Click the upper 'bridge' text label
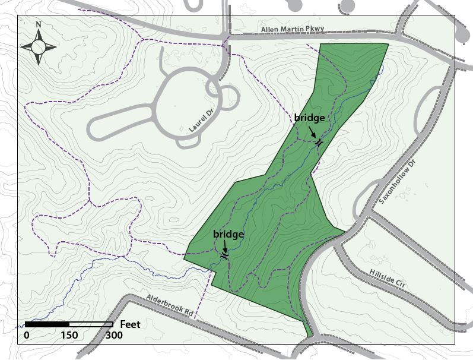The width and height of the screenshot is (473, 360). [309, 118]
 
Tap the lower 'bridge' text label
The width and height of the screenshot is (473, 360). [228, 235]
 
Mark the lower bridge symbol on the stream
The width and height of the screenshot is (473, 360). [224, 255]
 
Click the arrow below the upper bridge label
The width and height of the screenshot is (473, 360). [313, 132]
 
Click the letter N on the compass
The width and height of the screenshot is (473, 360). [38, 25]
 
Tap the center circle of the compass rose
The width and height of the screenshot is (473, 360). [39, 46]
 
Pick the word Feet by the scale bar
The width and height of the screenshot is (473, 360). [131, 324]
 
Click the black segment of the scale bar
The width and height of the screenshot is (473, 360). [47, 324]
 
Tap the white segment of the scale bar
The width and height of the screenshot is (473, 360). [91, 324]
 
